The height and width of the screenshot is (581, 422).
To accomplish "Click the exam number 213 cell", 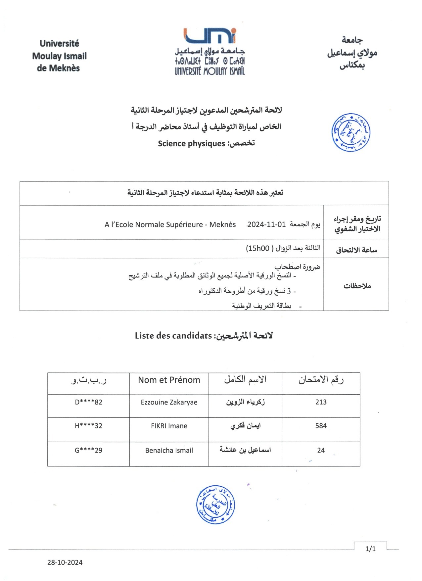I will [x=321, y=402].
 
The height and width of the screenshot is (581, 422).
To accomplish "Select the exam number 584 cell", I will [x=321, y=426].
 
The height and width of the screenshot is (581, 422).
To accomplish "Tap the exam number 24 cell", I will [x=321, y=450].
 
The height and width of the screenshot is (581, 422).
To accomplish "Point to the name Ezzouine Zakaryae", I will [x=169, y=402].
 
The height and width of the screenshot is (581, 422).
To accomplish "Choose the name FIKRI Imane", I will [x=169, y=426].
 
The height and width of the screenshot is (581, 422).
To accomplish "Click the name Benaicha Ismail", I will [x=169, y=450].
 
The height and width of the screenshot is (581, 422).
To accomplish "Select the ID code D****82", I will [x=88, y=402].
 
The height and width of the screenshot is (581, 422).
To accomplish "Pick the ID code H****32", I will [x=88, y=426].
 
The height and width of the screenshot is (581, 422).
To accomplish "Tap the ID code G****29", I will [x=88, y=450].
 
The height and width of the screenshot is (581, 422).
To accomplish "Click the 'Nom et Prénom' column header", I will [x=169, y=380].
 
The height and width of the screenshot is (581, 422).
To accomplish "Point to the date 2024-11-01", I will [x=266, y=224].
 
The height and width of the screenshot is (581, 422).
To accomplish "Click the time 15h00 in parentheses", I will [x=258, y=248].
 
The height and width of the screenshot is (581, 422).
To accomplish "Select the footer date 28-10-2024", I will [x=65, y=562].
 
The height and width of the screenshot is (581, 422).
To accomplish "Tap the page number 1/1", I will [x=370, y=549].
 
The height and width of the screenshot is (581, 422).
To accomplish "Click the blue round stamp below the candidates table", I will [x=215, y=505].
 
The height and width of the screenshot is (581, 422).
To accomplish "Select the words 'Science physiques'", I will [x=191, y=143].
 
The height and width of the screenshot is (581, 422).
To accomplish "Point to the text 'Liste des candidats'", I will [x=173, y=336].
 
